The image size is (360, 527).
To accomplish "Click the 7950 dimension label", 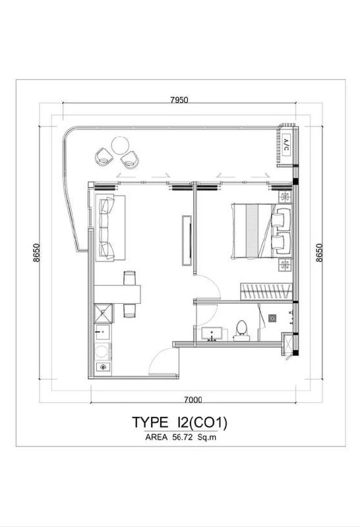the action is point(179,100).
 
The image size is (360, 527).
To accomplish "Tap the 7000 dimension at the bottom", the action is point(193,400).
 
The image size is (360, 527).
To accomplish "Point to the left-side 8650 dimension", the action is point(36,252).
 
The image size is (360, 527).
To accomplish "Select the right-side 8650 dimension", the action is point(319,252).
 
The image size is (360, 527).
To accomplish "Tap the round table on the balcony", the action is point(120,145).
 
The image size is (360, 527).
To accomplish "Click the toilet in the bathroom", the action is point(241,331).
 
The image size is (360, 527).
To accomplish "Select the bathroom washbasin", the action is point(212,334).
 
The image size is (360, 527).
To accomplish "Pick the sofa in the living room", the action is point(110,228).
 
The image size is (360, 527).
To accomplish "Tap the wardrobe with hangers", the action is point(266,291).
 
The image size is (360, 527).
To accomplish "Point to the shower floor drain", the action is point(272,318).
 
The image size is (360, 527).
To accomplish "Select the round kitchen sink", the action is point(103,367).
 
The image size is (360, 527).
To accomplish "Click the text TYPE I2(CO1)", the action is point(179,422).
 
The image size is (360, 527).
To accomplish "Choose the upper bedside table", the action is point(285,197).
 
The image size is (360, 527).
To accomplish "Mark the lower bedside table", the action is point(285,265).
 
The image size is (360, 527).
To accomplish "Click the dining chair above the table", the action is point(129,278).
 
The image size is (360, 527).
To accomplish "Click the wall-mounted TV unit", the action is point(187,240).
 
